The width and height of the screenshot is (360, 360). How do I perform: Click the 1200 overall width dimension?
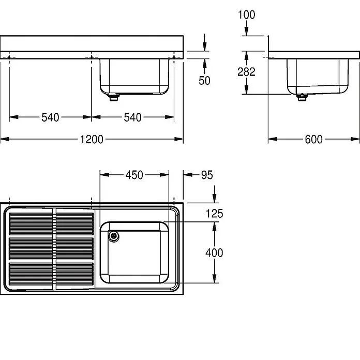pos(92,139)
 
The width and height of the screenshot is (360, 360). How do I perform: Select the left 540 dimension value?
pos(50,117)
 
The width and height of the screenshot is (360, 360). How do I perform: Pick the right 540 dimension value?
pos(133,117)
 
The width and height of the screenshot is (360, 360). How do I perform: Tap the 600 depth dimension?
pos(313,139)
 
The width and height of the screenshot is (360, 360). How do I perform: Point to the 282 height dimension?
pos(246,72)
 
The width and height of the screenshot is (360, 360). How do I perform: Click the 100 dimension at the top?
pos(246,15)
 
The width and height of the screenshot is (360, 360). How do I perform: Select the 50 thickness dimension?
pos(204,81)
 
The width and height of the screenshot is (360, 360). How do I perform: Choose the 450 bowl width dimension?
pos(134,175)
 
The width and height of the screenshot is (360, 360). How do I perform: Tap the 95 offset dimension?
pos(207,175)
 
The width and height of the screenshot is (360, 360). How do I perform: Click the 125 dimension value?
pos(215,214)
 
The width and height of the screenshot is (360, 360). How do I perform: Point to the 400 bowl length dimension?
pos(214,253)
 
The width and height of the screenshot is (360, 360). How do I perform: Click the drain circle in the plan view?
pos(114,236)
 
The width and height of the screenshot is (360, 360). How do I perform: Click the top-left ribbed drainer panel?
pos(31,224)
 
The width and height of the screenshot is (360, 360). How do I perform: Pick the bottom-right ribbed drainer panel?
pos(75,274)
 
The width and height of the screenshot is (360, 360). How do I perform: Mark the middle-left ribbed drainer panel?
pos(31,249)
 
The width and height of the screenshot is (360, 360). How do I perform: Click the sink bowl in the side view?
pos(318,77)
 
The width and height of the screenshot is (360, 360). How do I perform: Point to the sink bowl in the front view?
pos(134,77)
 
